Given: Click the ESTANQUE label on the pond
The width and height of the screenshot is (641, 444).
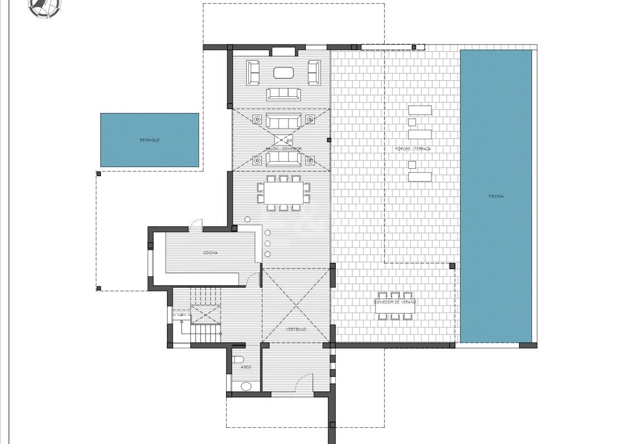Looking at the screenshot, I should pyautogui.click(x=149, y=140).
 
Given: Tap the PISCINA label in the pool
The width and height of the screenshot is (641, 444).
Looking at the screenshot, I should pyautogui.click(x=496, y=196).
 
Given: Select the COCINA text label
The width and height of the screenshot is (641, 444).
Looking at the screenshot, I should pyautogui.click(x=210, y=253).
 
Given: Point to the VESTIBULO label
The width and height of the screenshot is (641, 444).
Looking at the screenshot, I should pyautogui.click(x=296, y=329).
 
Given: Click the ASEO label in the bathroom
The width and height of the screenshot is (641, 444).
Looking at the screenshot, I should pyautogui.click(x=246, y=367).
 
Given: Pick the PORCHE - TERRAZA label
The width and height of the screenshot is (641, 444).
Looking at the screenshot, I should pyautogui.click(x=413, y=149).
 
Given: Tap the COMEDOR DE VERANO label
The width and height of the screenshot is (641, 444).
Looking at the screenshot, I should pyautogui.click(x=395, y=301).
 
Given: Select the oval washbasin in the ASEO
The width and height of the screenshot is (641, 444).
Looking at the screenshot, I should pyautogui.click(x=246, y=387).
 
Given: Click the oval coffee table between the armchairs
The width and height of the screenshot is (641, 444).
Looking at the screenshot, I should pyautogui.click(x=284, y=72).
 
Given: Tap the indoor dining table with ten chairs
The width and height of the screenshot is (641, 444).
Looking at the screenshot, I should pyautogui.click(x=283, y=193).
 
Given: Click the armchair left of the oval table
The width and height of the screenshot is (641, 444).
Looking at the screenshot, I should pyautogui.click(x=253, y=72).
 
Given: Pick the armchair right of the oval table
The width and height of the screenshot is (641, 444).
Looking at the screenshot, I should pyautogui.click(x=314, y=72).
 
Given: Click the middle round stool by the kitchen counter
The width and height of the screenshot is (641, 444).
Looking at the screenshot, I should pyautogui.click(x=268, y=243).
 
